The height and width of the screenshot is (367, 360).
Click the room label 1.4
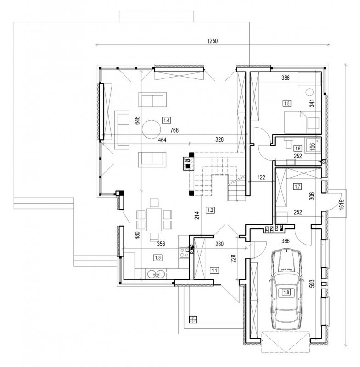tap(167, 121)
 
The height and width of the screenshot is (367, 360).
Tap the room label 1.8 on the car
tap(287, 292)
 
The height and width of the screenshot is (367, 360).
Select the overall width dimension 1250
tap(213, 41)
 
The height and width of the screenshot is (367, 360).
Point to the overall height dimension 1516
tap(342, 204)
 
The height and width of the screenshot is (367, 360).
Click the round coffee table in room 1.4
tap(152, 129)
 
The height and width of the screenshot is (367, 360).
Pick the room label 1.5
tap(287, 104)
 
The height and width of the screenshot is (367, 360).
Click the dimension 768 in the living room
tap(174, 130)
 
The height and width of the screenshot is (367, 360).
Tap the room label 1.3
tap(158, 258)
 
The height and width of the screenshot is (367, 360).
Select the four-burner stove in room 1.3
tap(184, 253)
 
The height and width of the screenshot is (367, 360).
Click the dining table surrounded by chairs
tap(154, 220)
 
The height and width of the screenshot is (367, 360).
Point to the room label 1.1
tap(214, 271)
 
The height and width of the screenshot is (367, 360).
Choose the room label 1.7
tap(298, 187)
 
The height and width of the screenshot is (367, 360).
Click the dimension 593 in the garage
tap(312, 284)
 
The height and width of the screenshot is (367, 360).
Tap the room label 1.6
tap(298, 148)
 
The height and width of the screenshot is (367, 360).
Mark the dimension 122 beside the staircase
tap(261, 178)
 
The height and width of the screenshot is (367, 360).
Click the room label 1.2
tap(210, 210)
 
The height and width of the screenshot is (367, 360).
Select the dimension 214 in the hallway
tap(197, 216)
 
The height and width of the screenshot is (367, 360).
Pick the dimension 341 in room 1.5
tap(312, 103)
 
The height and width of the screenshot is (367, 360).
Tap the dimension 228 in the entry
tap(233, 259)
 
